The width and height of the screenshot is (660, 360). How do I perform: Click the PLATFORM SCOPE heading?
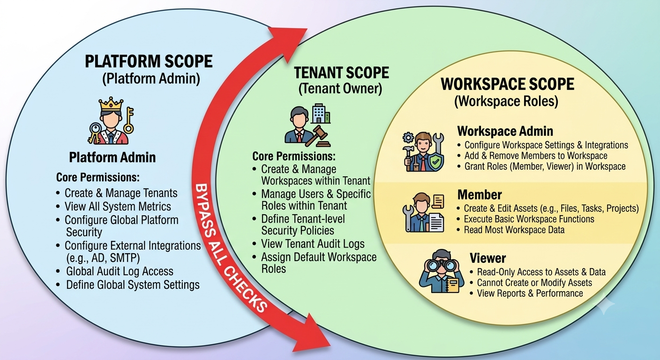coord(149,61)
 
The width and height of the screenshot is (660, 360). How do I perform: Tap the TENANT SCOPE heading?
coord(342,73)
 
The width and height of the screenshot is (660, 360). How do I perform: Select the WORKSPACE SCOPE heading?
coord(507,84)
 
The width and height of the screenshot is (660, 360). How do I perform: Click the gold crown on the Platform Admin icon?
coord(111,104)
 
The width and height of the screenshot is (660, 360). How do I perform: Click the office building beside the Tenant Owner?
coord(321,113)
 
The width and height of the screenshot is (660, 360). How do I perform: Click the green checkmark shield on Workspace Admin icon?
coord(435,162)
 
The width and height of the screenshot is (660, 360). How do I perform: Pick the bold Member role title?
coord(480,195)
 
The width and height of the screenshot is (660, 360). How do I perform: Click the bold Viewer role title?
coord(487,258)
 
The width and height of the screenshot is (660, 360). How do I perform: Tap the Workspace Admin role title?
coord(505,131)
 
